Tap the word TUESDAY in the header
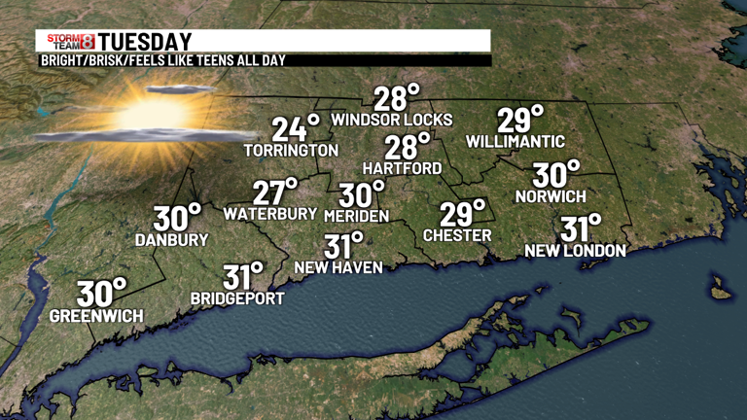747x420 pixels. pyautogui.click(x=144, y=41)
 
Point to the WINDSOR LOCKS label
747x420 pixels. pyautogui.click(x=392, y=120)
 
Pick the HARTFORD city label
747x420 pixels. pyautogui.click(x=402, y=168)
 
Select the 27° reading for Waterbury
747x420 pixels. pyautogui.click(x=275, y=192)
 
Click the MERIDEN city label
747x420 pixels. pyautogui.click(x=356, y=215)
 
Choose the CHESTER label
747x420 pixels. pyautogui.click(x=457, y=235)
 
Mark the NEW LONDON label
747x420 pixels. pyautogui.click(x=575, y=251)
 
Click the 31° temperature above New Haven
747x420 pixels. pyautogui.click(x=342, y=246)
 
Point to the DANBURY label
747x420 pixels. pyautogui.click(x=172, y=239)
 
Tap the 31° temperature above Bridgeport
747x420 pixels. pyautogui.click(x=243, y=276)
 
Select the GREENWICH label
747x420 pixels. pyautogui.click(x=96, y=316)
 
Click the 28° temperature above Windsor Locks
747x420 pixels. pyautogui.click(x=397, y=98)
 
